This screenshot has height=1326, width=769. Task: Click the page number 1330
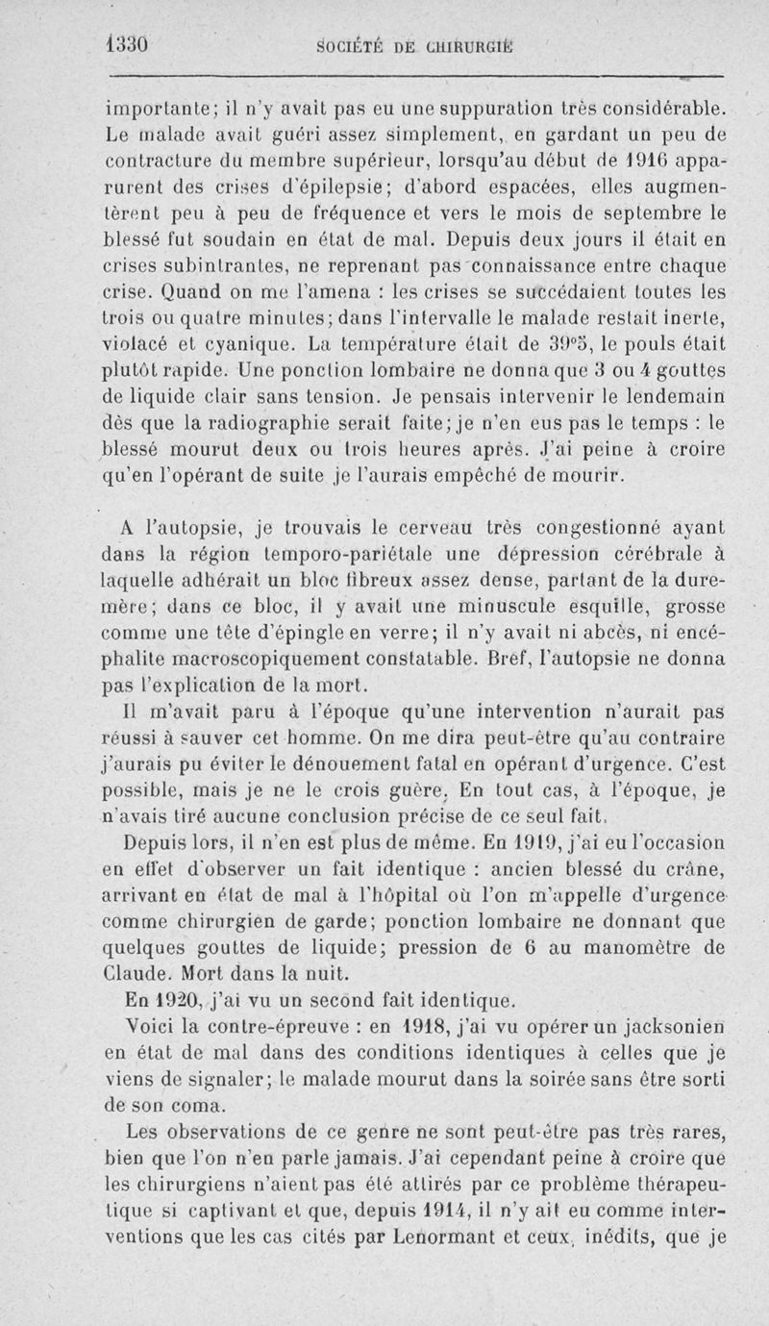tap(131, 44)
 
